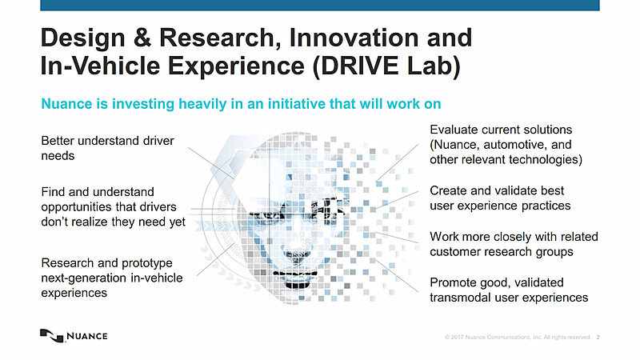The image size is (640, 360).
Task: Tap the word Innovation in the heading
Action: coord(351,37)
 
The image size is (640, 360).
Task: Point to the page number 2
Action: coord(598,338)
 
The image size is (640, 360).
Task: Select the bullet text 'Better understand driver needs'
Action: coord(107,148)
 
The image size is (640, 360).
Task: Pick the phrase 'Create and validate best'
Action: coord(497,190)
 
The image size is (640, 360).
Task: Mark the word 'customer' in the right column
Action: coord(458,252)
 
